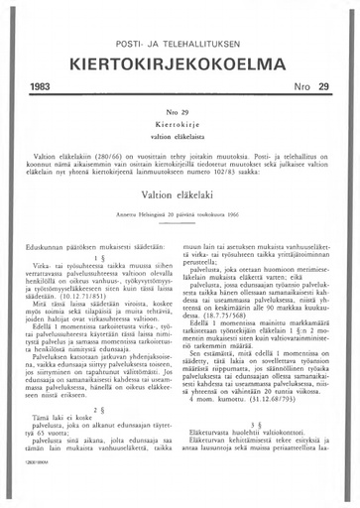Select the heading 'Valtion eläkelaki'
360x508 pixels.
pos(180,204)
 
